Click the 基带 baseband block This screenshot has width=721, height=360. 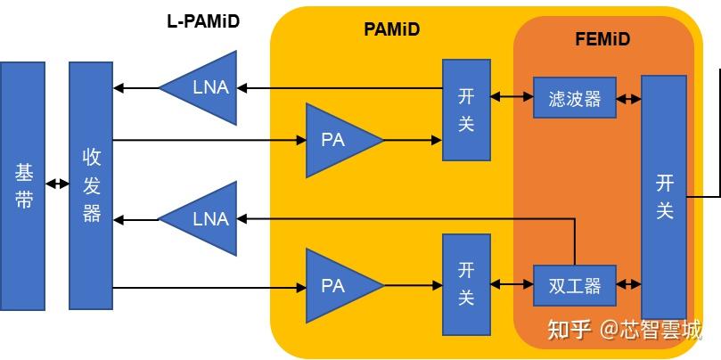23,185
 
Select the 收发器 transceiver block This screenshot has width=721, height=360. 92,185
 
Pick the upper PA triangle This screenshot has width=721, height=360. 338,140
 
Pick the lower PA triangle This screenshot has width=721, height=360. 338,286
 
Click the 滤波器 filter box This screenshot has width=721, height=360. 574,98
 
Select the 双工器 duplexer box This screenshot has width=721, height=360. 574,286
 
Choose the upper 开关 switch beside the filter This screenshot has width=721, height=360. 466,110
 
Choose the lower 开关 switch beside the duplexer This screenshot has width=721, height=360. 466,284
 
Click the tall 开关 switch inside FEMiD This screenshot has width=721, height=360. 664,197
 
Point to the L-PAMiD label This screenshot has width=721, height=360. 203,21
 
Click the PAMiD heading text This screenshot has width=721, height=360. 392,29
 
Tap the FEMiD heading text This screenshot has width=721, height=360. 603,39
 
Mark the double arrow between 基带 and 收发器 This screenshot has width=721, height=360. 57,184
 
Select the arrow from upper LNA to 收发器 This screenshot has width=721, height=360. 136,87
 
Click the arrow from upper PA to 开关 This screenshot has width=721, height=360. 413,140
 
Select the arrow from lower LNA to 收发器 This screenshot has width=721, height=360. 136,218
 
